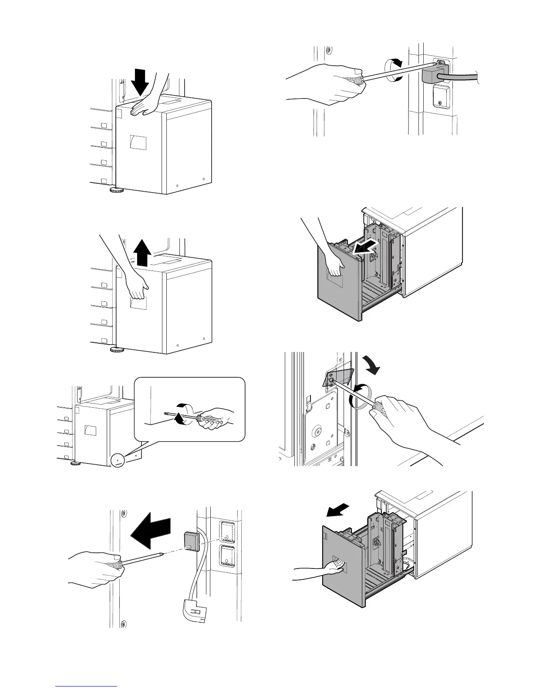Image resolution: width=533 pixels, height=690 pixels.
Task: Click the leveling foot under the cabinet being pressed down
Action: [x=117, y=190]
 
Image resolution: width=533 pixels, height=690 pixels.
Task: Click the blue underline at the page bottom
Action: [x=87, y=687]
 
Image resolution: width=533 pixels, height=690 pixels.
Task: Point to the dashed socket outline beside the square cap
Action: [x=226, y=532]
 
